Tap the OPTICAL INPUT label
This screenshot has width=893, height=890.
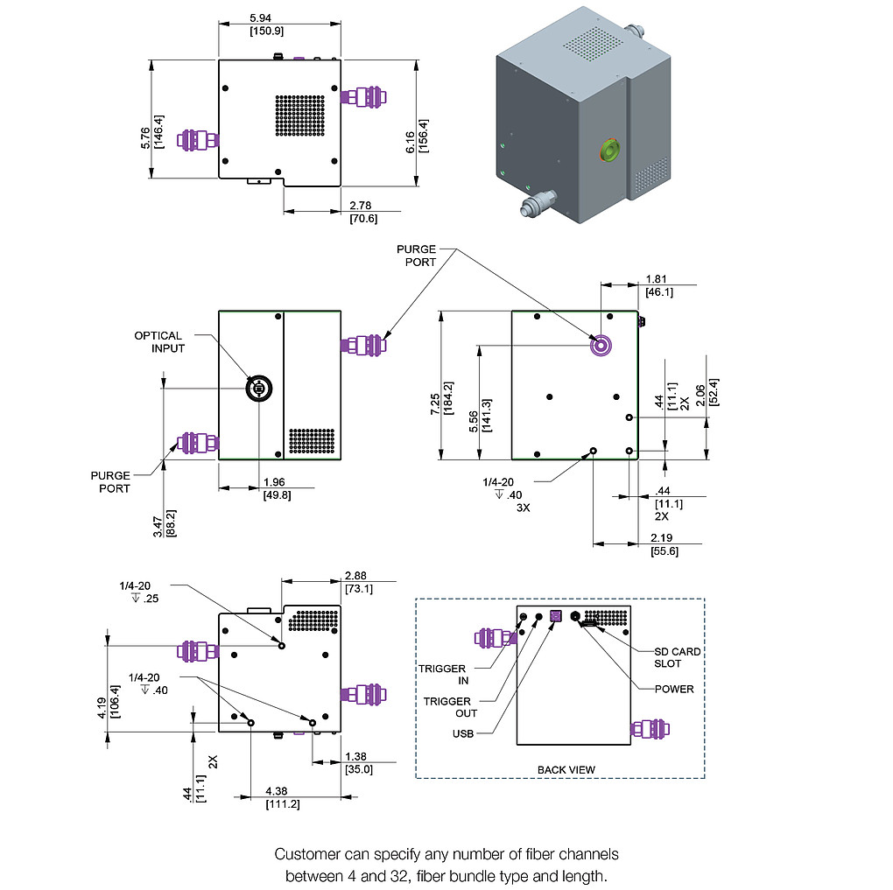[158, 341]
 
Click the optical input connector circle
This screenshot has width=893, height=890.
[257, 389]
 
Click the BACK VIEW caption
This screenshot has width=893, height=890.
[566, 769]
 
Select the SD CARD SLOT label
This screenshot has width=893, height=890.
[678, 657]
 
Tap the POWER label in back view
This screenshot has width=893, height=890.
[674, 689]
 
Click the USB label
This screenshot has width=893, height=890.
[463, 733]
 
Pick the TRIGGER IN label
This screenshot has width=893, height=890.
[442, 675]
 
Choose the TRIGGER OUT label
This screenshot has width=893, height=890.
[447, 707]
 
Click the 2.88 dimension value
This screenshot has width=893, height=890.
[357, 576]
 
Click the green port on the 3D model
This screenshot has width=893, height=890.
[606, 150]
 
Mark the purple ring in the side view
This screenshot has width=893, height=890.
[601, 346]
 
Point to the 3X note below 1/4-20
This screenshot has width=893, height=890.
[524, 506]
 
